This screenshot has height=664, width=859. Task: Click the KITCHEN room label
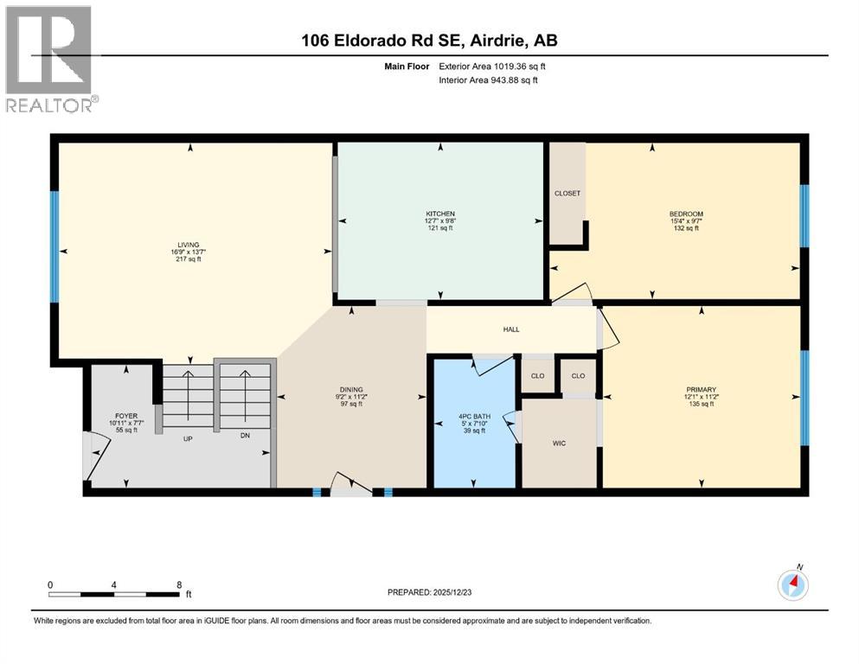(440, 214)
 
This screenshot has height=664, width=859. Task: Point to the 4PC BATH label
(474, 417)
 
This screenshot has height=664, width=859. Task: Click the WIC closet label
(560, 443)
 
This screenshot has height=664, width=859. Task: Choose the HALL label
(512, 329)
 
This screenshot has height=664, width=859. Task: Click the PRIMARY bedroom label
(702, 390)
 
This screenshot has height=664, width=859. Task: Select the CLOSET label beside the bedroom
(567, 194)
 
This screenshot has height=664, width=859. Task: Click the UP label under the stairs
(186, 438)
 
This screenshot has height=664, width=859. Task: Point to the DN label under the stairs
(245, 438)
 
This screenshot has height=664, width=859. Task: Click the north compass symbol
(793, 585)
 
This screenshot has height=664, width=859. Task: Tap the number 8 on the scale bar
(178, 584)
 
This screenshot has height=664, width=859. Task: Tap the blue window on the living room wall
(54, 246)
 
